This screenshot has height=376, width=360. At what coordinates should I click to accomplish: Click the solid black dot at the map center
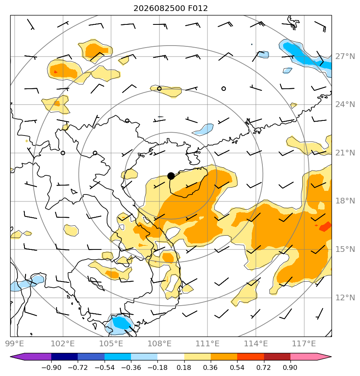point(171,176)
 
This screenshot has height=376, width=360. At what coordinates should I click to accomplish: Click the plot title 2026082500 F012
point(171,9)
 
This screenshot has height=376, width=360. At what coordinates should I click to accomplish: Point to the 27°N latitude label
point(345,57)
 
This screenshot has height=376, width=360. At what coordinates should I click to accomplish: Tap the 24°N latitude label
point(345,105)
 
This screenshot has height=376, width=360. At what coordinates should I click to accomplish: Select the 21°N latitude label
point(345,153)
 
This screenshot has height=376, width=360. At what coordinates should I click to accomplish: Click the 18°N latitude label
point(345,201)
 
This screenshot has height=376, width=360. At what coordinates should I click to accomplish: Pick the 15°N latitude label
point(345,249)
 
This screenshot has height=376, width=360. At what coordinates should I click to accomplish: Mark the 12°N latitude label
point(345,298)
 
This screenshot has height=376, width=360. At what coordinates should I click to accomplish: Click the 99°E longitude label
point(15,343)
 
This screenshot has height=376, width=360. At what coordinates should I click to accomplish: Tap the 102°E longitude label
point(63,343)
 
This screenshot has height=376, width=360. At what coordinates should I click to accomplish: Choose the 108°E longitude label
point(159,343)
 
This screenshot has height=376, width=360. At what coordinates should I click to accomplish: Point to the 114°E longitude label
point(256,343)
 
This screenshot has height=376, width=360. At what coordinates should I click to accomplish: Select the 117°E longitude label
point(304,343)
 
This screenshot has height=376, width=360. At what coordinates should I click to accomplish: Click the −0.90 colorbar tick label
point(51,367)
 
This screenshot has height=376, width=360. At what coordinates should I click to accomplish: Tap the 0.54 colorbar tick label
point(237,367)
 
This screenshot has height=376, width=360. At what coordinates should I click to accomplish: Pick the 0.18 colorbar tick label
point(184,367)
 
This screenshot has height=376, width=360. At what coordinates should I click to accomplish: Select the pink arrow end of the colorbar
point(311,357)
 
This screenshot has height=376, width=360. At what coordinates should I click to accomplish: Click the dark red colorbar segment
point(277,357)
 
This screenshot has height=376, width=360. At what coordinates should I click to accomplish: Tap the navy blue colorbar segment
point(64,357)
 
